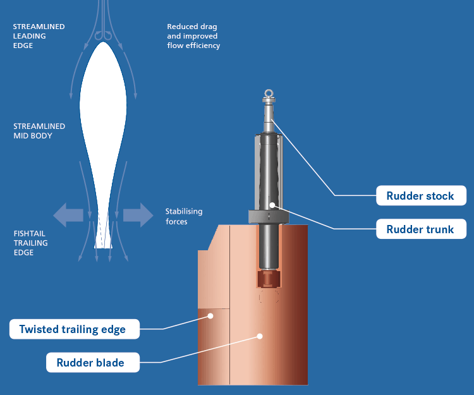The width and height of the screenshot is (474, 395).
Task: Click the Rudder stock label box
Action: click(x=420, y=196)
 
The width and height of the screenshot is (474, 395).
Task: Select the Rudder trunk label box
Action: click(x=420, y=229)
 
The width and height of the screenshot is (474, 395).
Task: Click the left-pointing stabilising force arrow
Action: click(x=68, y=215)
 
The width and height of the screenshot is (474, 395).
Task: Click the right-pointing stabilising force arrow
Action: click(x=138, y=215)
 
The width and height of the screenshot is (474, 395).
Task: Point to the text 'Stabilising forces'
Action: click(x=184, y=216)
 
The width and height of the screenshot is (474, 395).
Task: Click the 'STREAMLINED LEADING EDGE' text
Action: click(x=39, y=36)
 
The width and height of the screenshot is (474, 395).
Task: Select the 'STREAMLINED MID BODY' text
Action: click(x=39, y=131)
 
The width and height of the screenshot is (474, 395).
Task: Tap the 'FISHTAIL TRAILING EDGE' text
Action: click(x=31, y=243)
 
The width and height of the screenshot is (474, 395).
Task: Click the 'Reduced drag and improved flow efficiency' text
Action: click(x=193, y=36)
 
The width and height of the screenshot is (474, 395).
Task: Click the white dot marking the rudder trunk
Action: click(x=272, y=205)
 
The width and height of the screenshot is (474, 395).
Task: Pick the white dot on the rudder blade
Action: click(x=259, y=336)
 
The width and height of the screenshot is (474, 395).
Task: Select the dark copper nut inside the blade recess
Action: click(x=269, y=279)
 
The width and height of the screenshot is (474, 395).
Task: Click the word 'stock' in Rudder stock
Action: click(x=439, y=196)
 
